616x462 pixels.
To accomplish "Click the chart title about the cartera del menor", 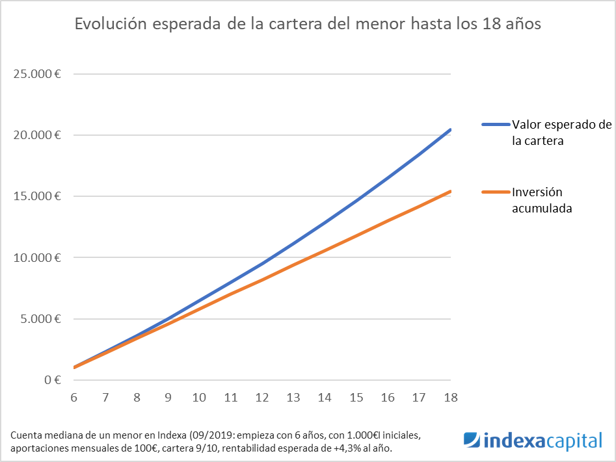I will (308, 24).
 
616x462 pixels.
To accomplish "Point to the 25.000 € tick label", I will (37, 74).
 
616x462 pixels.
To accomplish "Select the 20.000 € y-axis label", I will (37, 135).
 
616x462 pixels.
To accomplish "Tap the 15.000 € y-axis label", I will (37, 196).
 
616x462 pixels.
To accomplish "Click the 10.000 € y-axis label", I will (37, 258).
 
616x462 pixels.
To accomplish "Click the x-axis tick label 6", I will (74, 397).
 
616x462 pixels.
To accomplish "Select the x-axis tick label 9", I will (168, 397).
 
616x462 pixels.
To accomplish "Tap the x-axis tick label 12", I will (262, 397).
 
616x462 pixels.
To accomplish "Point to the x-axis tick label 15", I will (356, 397).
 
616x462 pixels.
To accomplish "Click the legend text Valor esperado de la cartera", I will (561, 132).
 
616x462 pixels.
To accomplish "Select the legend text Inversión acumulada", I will (542, 200).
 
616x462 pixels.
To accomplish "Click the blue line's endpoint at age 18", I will (450, 130).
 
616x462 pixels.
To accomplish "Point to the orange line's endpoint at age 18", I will (450, 191).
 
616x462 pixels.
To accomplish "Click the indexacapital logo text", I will (544, 441).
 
